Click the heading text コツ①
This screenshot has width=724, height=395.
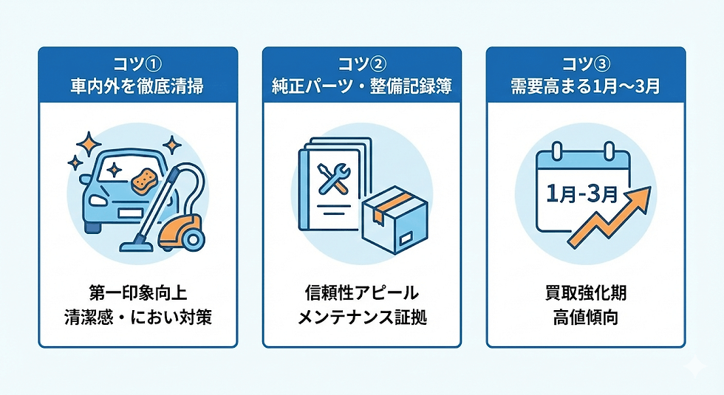137,65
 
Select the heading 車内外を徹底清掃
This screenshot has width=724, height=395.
137,86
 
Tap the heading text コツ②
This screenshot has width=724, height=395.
362,65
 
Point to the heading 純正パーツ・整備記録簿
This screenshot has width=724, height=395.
362,86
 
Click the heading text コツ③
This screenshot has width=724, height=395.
586,65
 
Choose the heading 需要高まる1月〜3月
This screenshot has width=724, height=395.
586,86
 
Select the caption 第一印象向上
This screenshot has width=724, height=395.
137,289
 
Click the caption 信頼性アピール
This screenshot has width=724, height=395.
362,289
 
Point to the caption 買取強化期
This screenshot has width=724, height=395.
586,289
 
